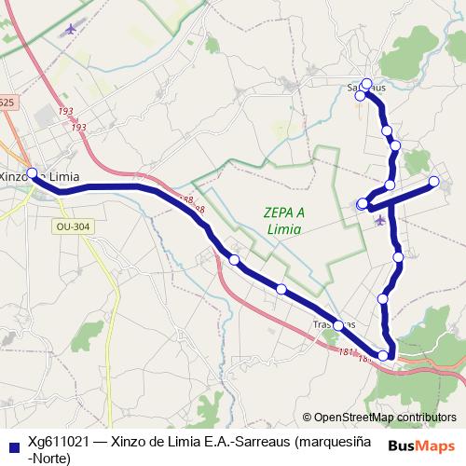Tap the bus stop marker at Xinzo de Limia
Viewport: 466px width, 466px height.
tap(32, 172)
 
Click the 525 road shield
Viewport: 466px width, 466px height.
tap(7, 103)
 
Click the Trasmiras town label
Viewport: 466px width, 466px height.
tap(334, 325)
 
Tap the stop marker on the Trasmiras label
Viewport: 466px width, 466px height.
tap(338, 325)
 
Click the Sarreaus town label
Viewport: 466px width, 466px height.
tap(366, 88)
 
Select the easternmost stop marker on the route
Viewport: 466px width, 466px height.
tap(433, 180)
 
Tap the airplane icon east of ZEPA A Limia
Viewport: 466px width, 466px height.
tap(378, 220)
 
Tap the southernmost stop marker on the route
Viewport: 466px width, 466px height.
tap(383, 355)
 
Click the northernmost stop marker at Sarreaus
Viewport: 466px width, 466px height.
tap(366, 83)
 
